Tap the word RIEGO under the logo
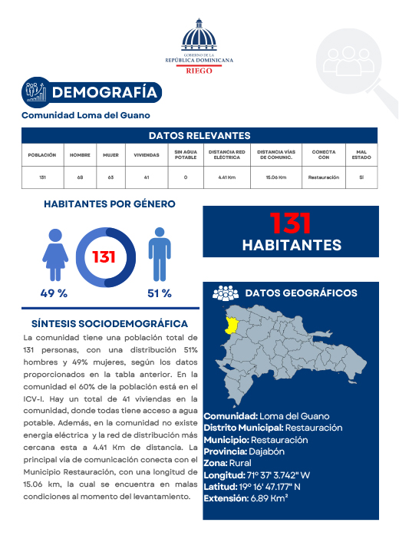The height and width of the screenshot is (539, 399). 199,69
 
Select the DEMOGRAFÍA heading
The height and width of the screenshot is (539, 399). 107,93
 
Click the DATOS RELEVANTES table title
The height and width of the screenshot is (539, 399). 199,136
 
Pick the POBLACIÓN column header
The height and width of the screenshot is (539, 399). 42,154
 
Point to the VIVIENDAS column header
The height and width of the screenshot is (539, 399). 147,154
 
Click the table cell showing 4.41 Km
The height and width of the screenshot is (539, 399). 227,177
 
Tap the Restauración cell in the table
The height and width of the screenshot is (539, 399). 323,177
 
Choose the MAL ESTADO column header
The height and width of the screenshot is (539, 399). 361,154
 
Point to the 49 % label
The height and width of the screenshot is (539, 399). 54,293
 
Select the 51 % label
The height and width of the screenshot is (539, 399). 159,293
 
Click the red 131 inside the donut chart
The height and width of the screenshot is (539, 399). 104,256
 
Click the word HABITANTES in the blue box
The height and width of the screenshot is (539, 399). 292,245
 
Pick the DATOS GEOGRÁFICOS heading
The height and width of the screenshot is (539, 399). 301,293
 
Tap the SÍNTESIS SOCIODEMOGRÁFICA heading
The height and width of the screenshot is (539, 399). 110,324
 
